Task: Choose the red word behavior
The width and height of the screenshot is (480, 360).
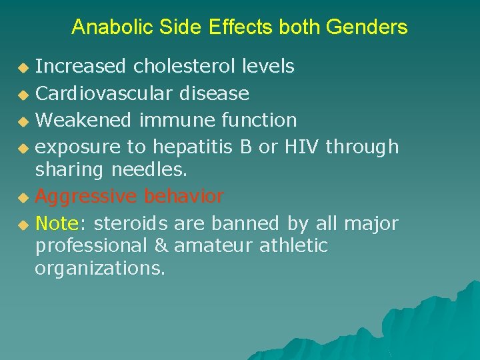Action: click(x=183, y=197)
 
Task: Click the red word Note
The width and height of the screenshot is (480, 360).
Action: click(x=57, y=223)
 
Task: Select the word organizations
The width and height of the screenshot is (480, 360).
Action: click(x=100, y=270)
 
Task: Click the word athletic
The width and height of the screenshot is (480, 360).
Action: click(x=293, y=246)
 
